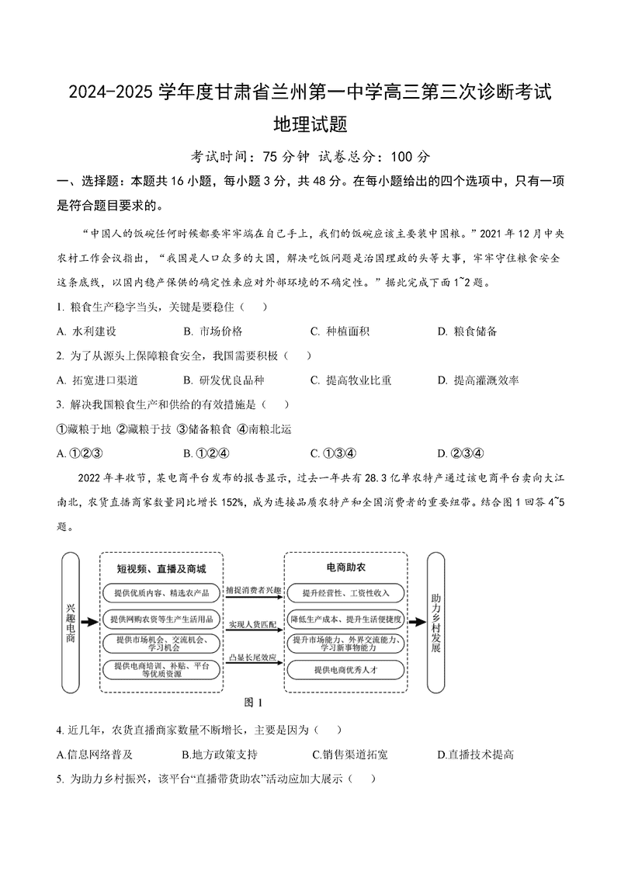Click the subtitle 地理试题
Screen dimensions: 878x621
[x=310, y=124]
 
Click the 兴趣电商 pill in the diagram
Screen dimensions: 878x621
[x=71, y=621]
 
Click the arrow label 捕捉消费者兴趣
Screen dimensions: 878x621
[x=253, y=591]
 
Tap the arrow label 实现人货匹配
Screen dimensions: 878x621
[x=253, y=624]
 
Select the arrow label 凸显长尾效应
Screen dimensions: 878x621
[x=253, y=658]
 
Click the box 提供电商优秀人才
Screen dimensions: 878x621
[x=346, y=669]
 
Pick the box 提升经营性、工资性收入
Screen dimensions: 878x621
[x=346, y=594]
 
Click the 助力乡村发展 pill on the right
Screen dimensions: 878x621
[x=435, y=621]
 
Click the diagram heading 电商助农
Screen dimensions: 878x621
[x=346, y=567]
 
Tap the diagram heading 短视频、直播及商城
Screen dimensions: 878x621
[x=161, y=568]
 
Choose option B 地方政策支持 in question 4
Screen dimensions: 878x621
[x=220, y=755]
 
